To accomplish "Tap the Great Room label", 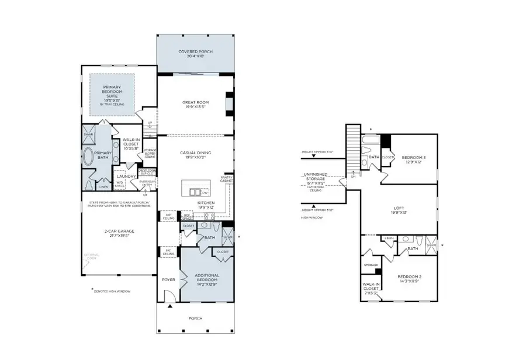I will [195, 105].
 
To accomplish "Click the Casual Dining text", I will [195, 155].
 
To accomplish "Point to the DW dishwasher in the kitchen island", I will [204, 192].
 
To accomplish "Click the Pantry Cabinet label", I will [226, 179].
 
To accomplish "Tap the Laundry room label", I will [127, 176].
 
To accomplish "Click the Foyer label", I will [168, 280].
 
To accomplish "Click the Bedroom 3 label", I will [411, 160].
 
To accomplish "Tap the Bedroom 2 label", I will [409, 279].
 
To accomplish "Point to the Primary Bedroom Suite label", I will [112, 94].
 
